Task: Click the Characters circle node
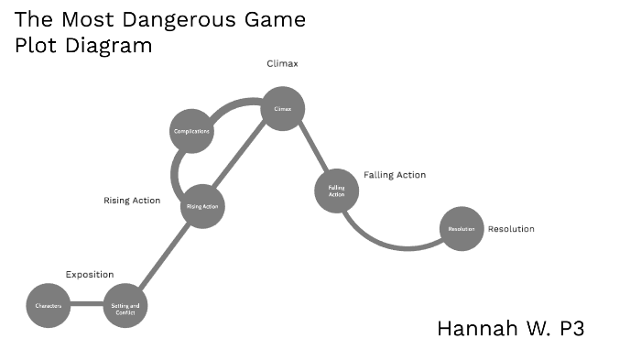[49, 305]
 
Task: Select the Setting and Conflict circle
[125, 308]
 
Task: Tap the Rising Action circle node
[202, 207]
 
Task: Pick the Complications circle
[192, 132]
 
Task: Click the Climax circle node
[282, 109]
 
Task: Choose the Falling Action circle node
[336, 191]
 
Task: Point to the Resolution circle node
[461, 229]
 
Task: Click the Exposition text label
[89, 274]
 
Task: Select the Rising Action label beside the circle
[132, 201]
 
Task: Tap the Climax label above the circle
[282, 64]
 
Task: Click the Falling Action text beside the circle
[395, 175]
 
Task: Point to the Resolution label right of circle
[511, 229]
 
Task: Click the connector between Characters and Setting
[86, 305]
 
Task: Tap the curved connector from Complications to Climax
[234, 104]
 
